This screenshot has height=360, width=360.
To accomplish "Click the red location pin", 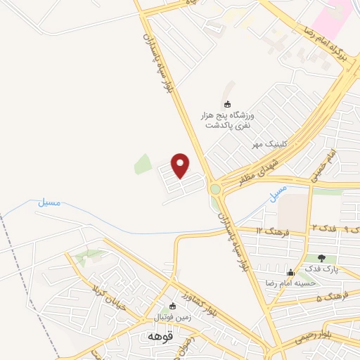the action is [181, 165].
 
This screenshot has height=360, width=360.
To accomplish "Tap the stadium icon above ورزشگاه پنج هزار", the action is [226, 103].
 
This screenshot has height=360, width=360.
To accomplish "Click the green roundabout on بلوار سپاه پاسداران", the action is [215, 188].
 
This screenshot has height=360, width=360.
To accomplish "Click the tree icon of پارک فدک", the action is [322, 258].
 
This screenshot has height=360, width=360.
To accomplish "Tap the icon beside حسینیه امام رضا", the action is [290, 272].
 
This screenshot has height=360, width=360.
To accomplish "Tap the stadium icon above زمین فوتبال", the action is [174, 306].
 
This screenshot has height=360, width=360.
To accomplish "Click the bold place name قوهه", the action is [156, 336].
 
